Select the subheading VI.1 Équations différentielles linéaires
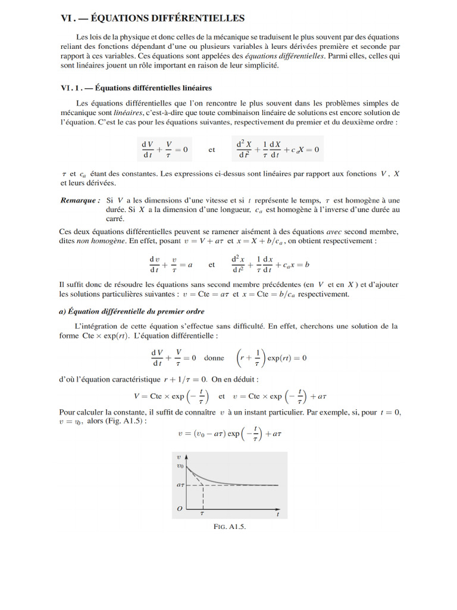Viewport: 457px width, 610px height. pyautogui.click(x=136, y=88)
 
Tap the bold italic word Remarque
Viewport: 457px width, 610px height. pyautogui.click(x=80, y=201)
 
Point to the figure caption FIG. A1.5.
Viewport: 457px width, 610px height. pyautogui.click(x=229, y=527)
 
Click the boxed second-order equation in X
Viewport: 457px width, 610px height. pyautogui.click(x=277, y=150)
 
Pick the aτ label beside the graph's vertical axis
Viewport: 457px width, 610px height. pyautogui.click(x=181, y=485)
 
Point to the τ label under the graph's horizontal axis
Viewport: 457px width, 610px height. pyautogui.click(x=202, y=512)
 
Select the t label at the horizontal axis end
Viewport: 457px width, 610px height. pyautogui.click(x=277, y=514)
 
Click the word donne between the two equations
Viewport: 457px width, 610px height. pyautogui.click(x=214, y=359)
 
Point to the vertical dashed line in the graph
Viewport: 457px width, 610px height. pyautogui.click(x=204, y=497)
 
